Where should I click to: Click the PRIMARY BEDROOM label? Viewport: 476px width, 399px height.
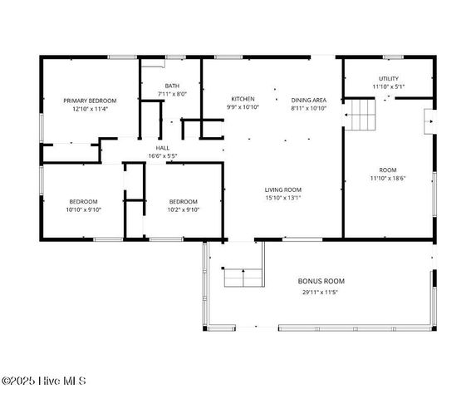coord(90,101)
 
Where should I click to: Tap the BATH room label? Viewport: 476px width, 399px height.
coord(172,86)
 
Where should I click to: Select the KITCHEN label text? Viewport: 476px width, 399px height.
coord(243,99)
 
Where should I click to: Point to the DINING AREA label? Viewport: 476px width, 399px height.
coord(308,99)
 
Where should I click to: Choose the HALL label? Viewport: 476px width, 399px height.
coord(163,148)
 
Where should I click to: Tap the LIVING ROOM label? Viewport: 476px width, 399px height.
coord(282,190)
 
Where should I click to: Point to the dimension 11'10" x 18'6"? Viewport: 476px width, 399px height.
coord(388,178)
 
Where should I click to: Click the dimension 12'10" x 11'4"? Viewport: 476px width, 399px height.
coord(90,109)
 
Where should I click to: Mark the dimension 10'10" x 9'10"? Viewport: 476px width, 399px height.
coord(83,209)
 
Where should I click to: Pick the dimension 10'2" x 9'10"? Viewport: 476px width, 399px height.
coord(183,209)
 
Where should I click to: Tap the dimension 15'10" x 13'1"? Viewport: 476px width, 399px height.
coord(282,198)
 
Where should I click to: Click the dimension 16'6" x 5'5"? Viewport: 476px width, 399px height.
coord(163,156)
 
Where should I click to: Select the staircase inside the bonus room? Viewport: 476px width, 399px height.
coord(243,277)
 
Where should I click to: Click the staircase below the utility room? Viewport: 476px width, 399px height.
coord(361,115)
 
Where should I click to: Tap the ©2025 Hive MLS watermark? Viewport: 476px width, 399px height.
coord(43,382)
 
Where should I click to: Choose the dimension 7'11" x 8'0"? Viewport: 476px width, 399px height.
coord(172,94)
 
